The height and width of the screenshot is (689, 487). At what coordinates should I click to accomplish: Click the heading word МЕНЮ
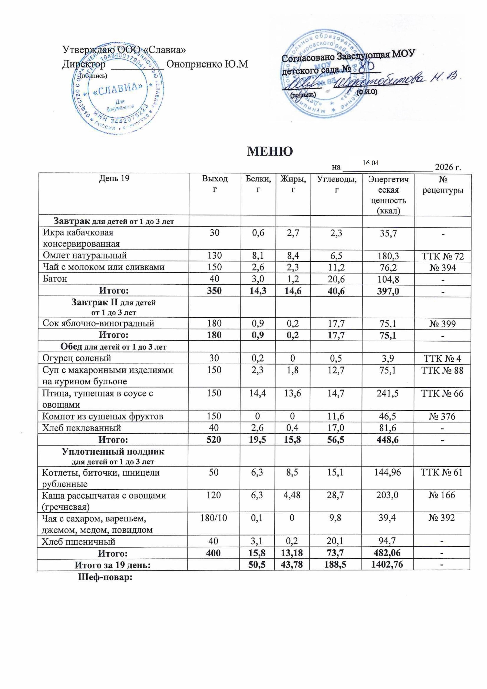pyautogui.click(x=269, y=151)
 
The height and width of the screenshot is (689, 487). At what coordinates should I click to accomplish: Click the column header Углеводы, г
pyautogui.click(x=336, y=184)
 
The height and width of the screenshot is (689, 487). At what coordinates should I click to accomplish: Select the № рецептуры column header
pyautogui.click(x=443, y=184)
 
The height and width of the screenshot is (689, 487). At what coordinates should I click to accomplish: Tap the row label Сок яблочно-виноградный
pyautogui.click(x=98, y=323)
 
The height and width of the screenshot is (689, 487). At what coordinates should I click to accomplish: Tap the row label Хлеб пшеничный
pyautogui.click(x=79, y=541)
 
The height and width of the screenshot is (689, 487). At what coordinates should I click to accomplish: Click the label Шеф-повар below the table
pyautogui.click(x=105, y=577)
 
